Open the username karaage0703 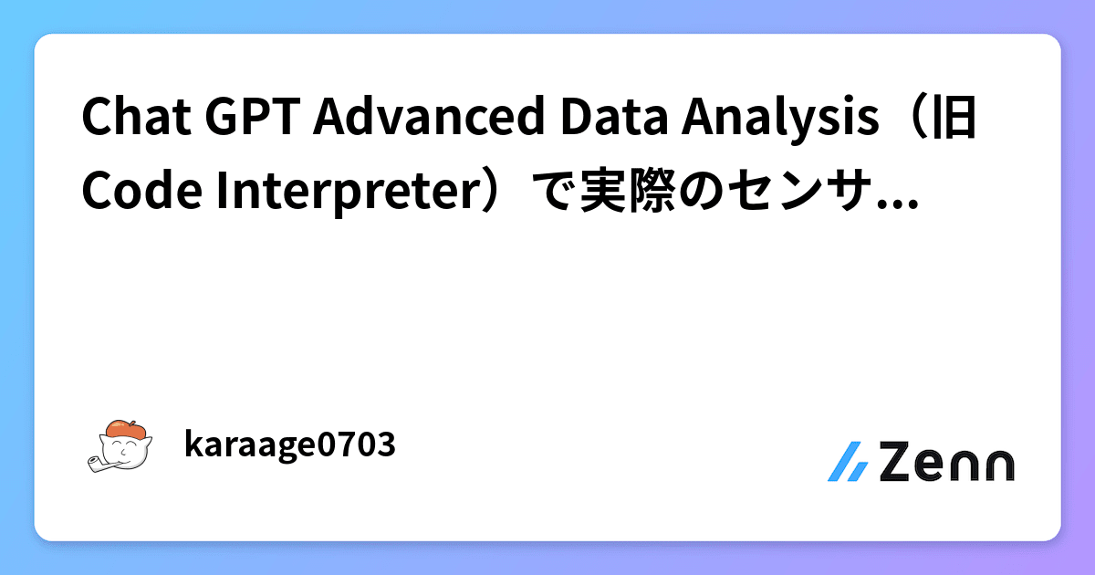(x=289, y=445)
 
